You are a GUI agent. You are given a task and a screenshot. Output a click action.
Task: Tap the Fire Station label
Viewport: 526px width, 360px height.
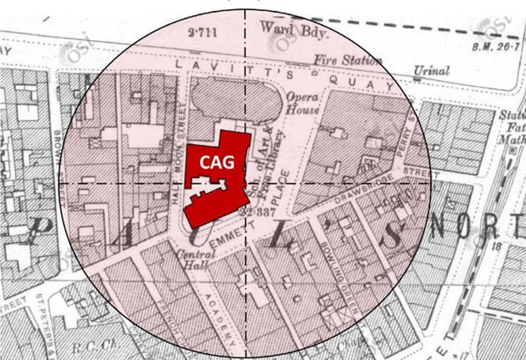point(347,60)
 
